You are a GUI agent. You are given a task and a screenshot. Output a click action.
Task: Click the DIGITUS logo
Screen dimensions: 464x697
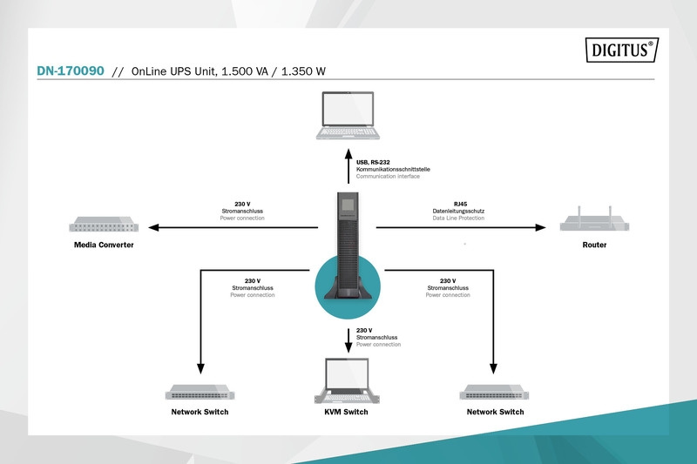point(619,51)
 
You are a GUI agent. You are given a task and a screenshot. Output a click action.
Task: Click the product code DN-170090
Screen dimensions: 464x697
point(69,73)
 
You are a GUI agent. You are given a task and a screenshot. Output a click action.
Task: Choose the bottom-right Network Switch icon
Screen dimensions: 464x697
point(495,392)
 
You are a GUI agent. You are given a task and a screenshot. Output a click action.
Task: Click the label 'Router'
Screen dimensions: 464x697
point(594,245)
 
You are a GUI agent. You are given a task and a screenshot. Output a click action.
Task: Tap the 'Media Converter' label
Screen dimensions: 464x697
point(104,245)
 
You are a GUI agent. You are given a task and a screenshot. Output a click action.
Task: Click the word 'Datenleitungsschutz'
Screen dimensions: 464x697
point(458,211)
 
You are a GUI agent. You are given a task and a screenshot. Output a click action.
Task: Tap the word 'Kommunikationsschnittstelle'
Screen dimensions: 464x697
point(394,169)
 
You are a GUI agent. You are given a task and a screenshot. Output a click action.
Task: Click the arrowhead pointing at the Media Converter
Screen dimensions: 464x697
point(153,228)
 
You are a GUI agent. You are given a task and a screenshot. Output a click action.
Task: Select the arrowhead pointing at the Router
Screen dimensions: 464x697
point(541,228)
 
